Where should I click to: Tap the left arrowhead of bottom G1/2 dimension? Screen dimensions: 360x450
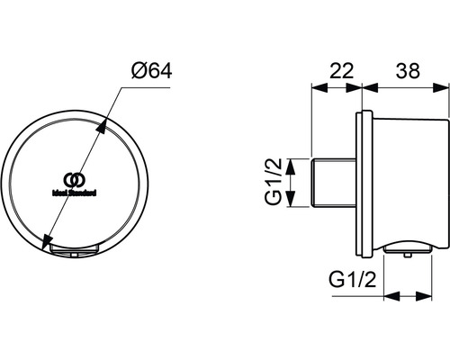click(x=389, y=294)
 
